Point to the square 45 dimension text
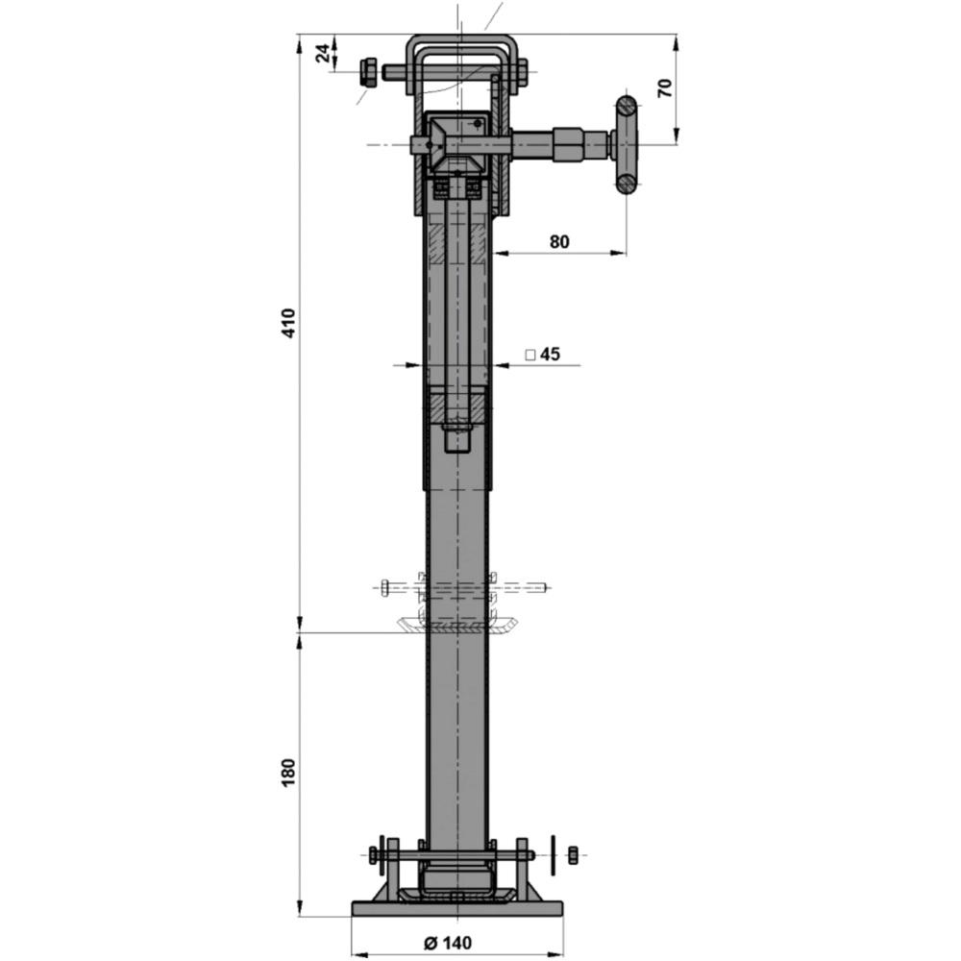543,355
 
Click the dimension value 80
559,241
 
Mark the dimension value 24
326,53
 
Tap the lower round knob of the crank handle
627,183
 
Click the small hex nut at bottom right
573,854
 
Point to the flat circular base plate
458,908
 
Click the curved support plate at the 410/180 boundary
458,626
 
